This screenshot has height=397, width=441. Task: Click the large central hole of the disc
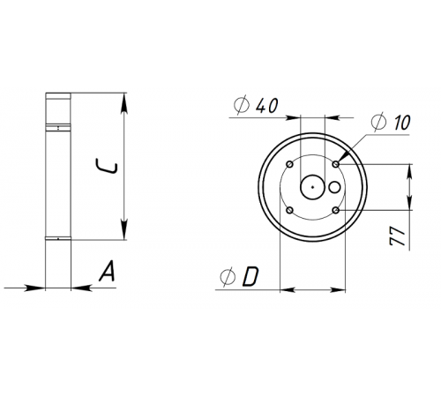point(311,186)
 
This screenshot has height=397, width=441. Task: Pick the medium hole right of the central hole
point(334,187)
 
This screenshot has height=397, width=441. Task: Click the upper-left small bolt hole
point(290,163)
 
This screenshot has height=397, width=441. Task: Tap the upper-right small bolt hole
point(336,163)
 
